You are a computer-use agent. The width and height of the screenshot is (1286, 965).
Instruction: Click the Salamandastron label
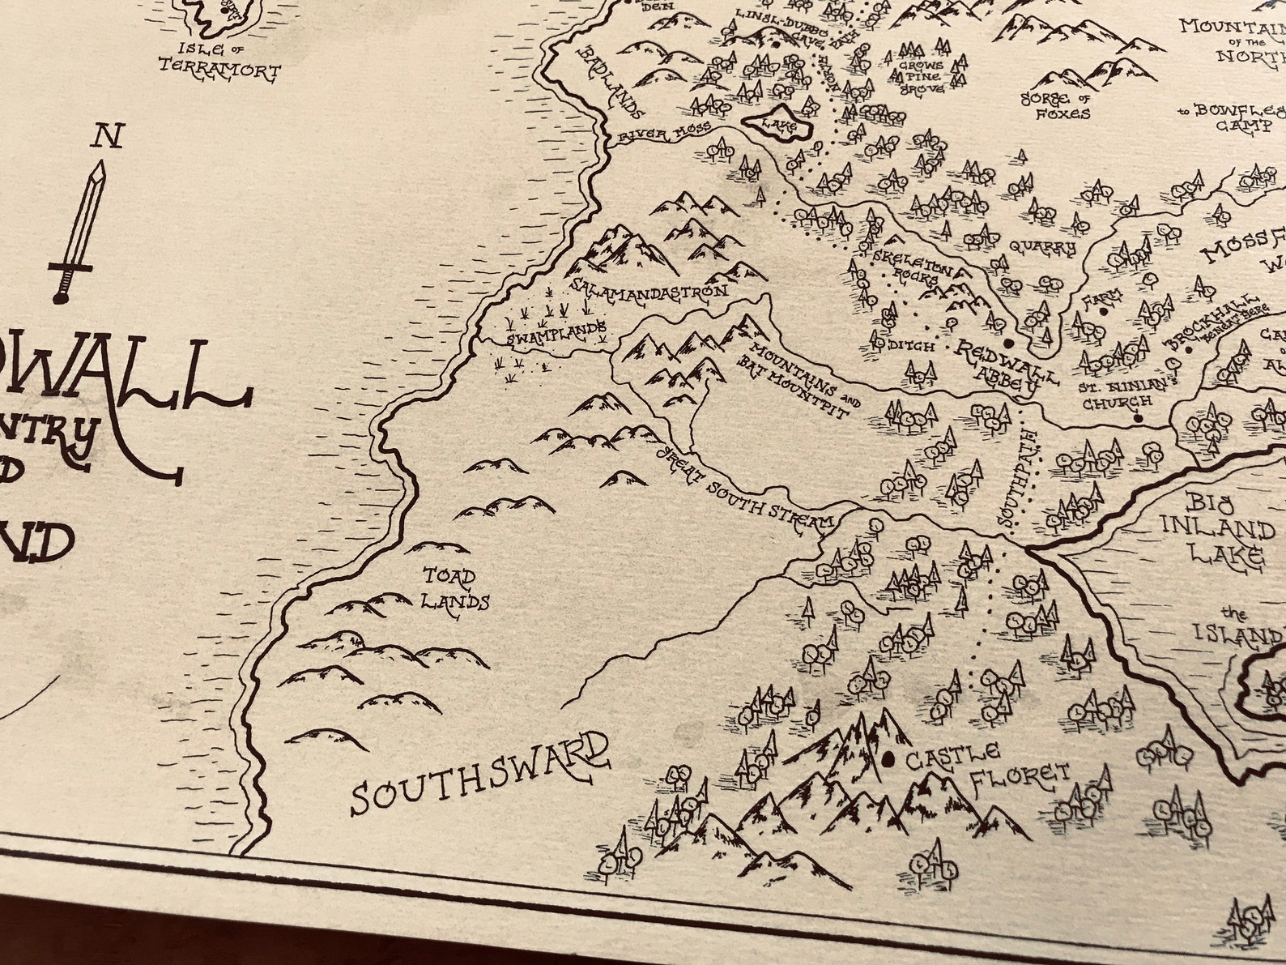pos(649,288)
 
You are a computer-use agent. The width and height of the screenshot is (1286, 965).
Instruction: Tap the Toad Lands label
pos(458,589)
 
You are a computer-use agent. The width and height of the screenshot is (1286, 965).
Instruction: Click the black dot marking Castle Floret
pos(889,759)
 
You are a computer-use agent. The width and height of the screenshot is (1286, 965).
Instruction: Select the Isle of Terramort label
pos(219,63)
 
